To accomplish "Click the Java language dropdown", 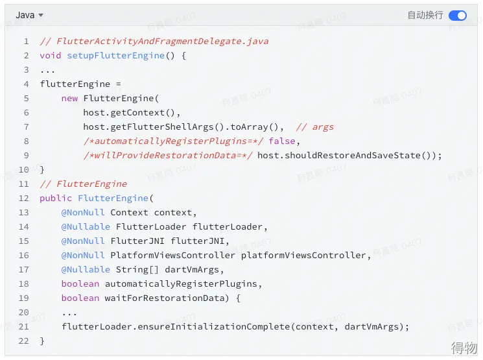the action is click(x=29, y=15).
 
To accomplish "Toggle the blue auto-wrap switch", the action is click(x=458, y=15).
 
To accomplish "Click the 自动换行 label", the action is click(x=425, y=15).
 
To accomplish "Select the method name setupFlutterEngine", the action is click(x=116, y=56).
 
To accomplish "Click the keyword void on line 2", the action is click(x=51, y=56).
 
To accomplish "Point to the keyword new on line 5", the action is click(x=69, y=99).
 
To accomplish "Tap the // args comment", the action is click(x=315, y=126).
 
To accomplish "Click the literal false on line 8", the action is click(x=282, y=141).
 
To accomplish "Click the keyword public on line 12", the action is click(x=56, y=198).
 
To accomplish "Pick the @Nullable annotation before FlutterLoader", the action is click(x=86, y=226).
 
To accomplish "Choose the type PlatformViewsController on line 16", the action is click(x=173, y=255).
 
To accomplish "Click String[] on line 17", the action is click(x=137, y=269).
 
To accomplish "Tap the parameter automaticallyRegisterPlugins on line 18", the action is click(x=181, y=283).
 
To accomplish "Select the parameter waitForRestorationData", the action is click(x=165, y=298).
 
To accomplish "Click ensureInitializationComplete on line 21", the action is click(x=214, y=326).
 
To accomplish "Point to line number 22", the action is click(x=24, y=341).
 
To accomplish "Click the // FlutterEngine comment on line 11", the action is click(x=84, y=184).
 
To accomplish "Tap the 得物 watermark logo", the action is click(x=464, y=348).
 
